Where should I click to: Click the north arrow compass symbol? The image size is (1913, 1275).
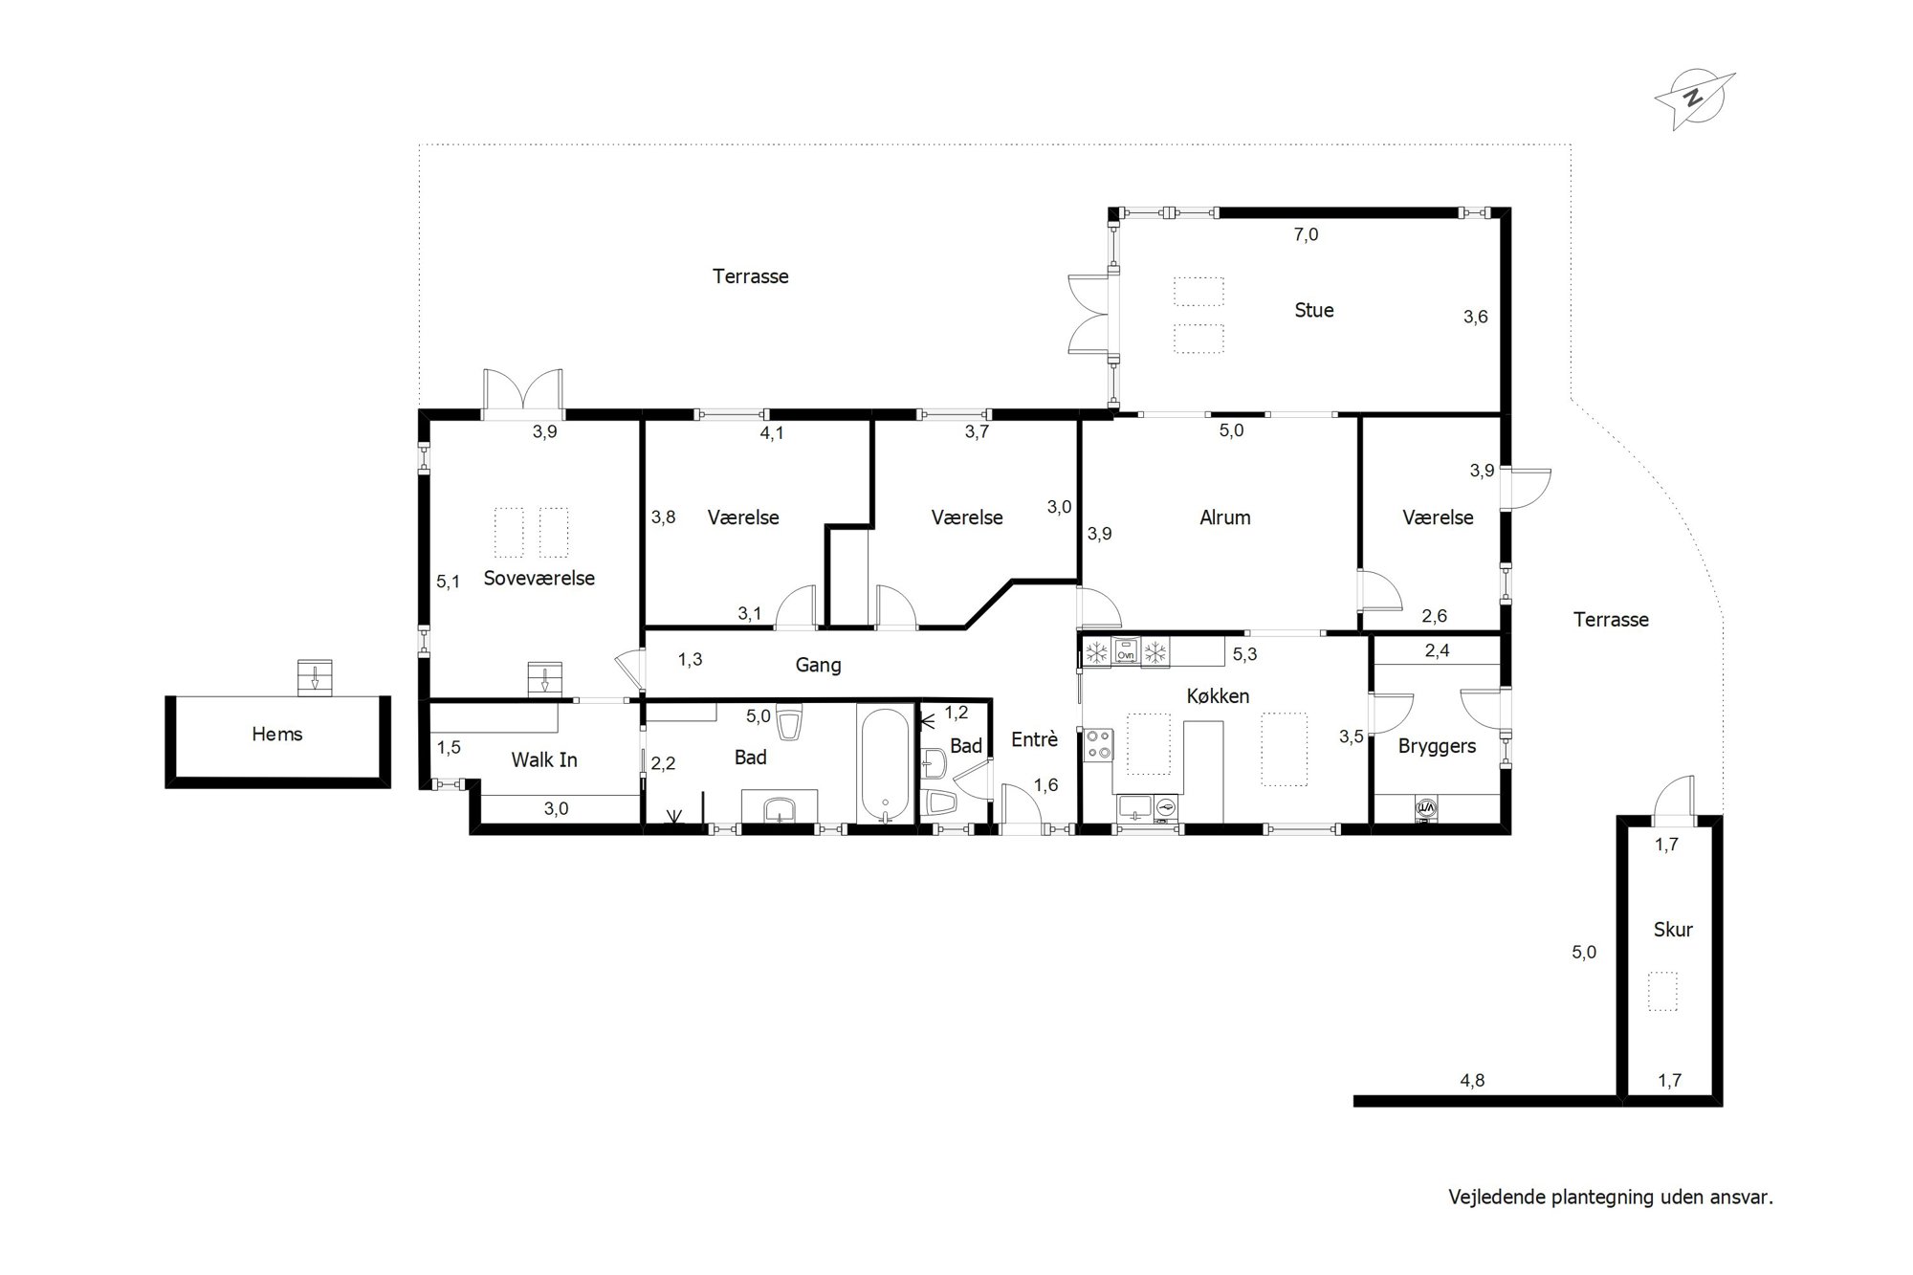pyautogui.click(x=1694, y=99)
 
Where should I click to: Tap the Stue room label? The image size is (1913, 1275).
pyautogui.click(x=1313, y=310)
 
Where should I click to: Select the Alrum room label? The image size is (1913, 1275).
pyautogui.click(x=1225, y=517)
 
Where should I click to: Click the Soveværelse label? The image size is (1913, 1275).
pyautogui.click(x=539, y=579)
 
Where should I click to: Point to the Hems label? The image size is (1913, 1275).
pyautogui.click(x=277, y=734)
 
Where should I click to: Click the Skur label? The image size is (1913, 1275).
pyautogui.click(x=1673, y=929)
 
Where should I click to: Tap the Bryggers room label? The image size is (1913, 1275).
pyautogui.click(x=1437, y=747)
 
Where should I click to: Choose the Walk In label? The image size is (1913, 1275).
pyautogui.click(x=544, y=759)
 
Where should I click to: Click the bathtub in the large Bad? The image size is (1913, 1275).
pyautogui.click(x=886, y=765)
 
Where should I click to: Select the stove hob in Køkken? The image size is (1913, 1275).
pyautogui.click(x=1098, y=744)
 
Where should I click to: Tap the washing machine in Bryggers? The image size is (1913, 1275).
pyautogui.click(x=1426, y=809)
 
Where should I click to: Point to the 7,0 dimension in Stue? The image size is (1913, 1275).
pyautogui.click(x=1306, y=234)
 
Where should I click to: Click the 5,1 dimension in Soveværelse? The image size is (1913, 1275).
pyautogui.click(x=448, y=581)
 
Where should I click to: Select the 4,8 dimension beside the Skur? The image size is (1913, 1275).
pyautogui.click(x=1472, y=1081)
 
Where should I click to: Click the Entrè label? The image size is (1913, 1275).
pyautogui.click(x=1034, y=739)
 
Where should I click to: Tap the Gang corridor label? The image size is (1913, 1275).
pyautogui.click(x=819, y=666)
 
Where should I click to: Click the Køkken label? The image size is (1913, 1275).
pyautogui.click(x=1218, y=696)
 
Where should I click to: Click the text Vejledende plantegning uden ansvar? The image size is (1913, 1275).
pyautogui.click(x=1611, y=1197)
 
